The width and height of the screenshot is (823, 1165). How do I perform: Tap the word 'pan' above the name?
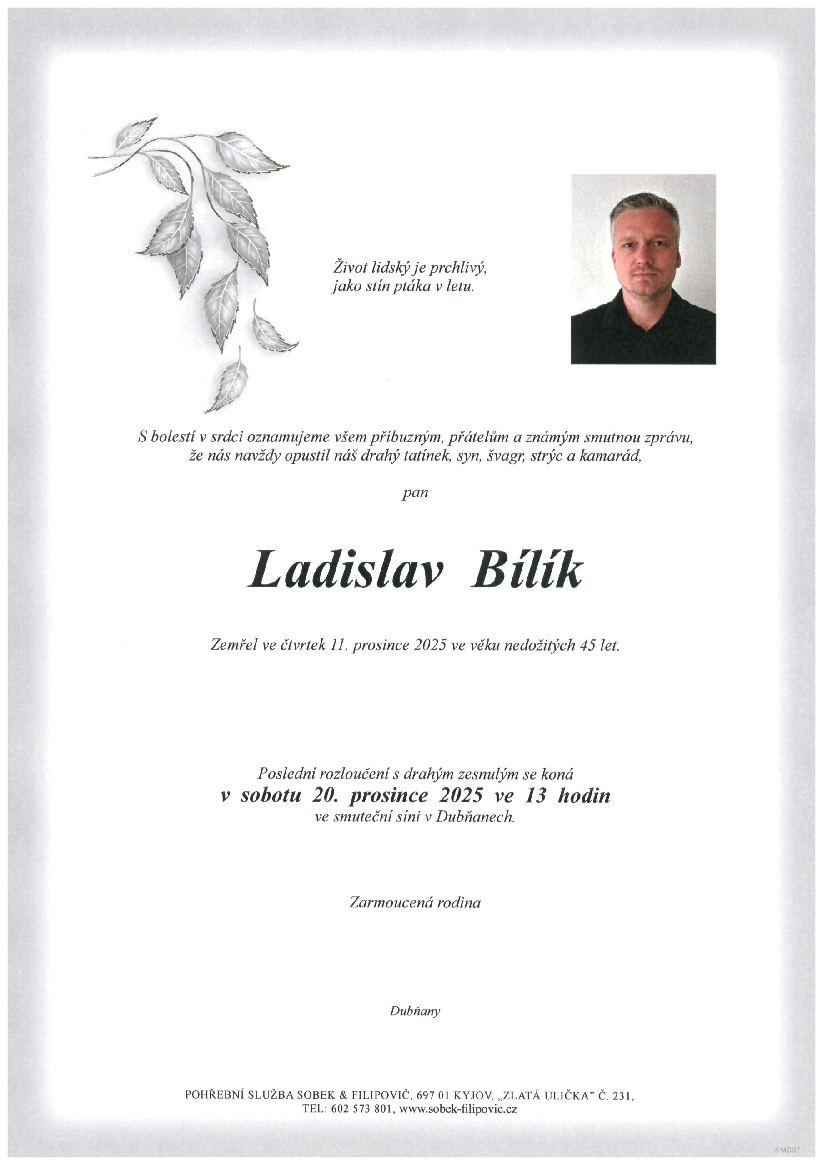415,493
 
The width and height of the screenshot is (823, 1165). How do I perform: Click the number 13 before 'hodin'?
536,795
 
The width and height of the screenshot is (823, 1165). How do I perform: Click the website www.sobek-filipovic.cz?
458,1109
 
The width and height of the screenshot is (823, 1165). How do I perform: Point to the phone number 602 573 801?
362,1109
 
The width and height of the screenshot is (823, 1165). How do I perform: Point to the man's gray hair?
644,206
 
